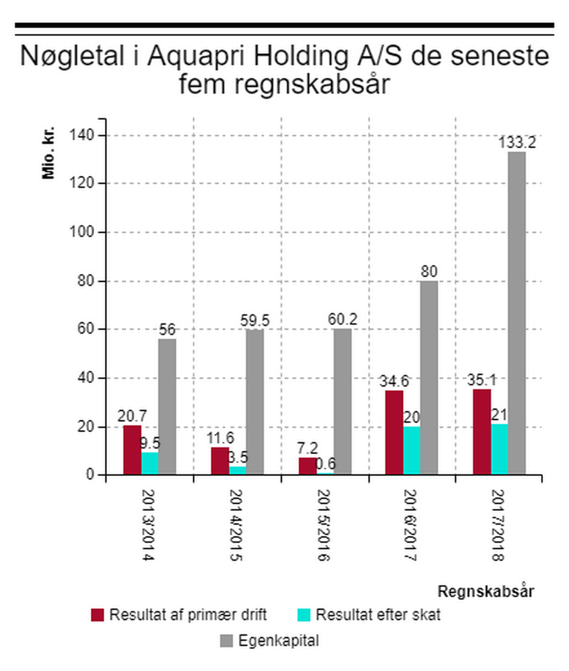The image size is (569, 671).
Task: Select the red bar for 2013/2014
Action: pyautogui.click(x=132, y=450)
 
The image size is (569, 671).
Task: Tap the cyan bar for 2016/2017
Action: pyautogui.click(x=412, y=450)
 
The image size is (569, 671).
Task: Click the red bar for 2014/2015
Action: pyautogui.click(x=220, y=461)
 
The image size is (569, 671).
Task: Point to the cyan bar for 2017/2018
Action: pyautogui.click(x=499, y=449)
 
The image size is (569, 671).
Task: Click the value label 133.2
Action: pyautogui.click(x=517, y=143)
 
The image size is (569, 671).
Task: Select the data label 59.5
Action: pyautogui.click(x=255, y=321)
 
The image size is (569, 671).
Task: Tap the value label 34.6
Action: pyautogui.click(x=394, y=381)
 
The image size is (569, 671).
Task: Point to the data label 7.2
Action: pyautogui.click(x=307, y=448)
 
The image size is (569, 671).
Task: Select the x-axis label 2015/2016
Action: pyautogui.click(x=324, y=525)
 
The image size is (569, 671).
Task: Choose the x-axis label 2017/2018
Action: pyautogui.click(x=499, y=525)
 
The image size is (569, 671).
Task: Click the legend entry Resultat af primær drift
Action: pyautogui.click(x=187, y=615)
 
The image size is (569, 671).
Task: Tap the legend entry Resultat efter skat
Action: pyautogui.click(x=378, y=615)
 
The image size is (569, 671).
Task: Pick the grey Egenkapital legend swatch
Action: pyautogui.click(x=227, y=641)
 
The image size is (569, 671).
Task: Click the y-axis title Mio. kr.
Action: pyautogui.click(x=48, y=153)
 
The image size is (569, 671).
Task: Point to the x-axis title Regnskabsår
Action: pyautogui.click(x=486, y=591)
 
